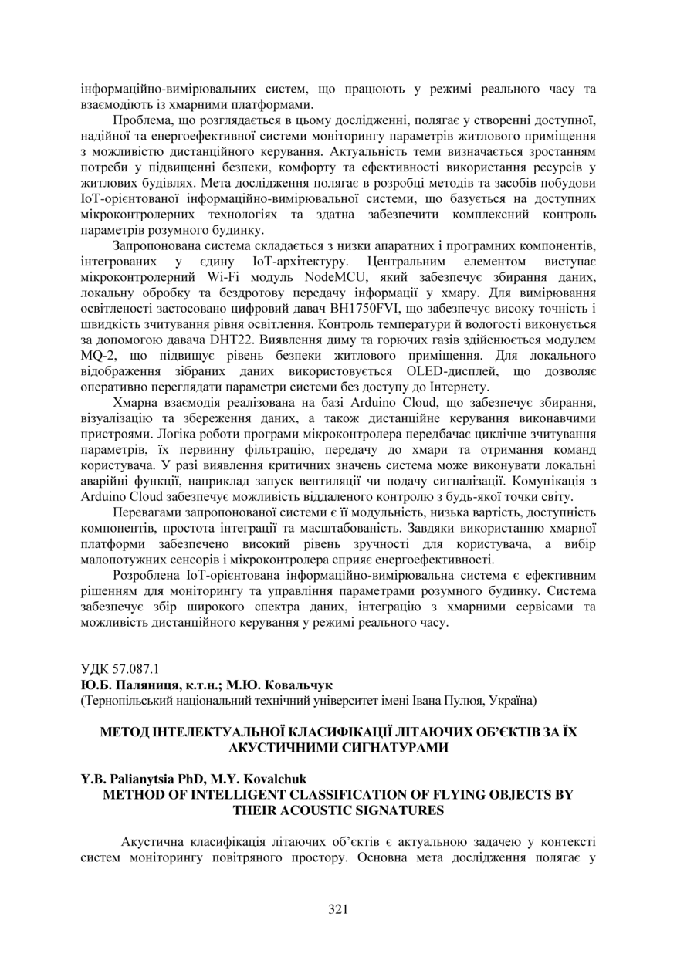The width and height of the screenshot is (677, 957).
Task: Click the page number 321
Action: point(338,908)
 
